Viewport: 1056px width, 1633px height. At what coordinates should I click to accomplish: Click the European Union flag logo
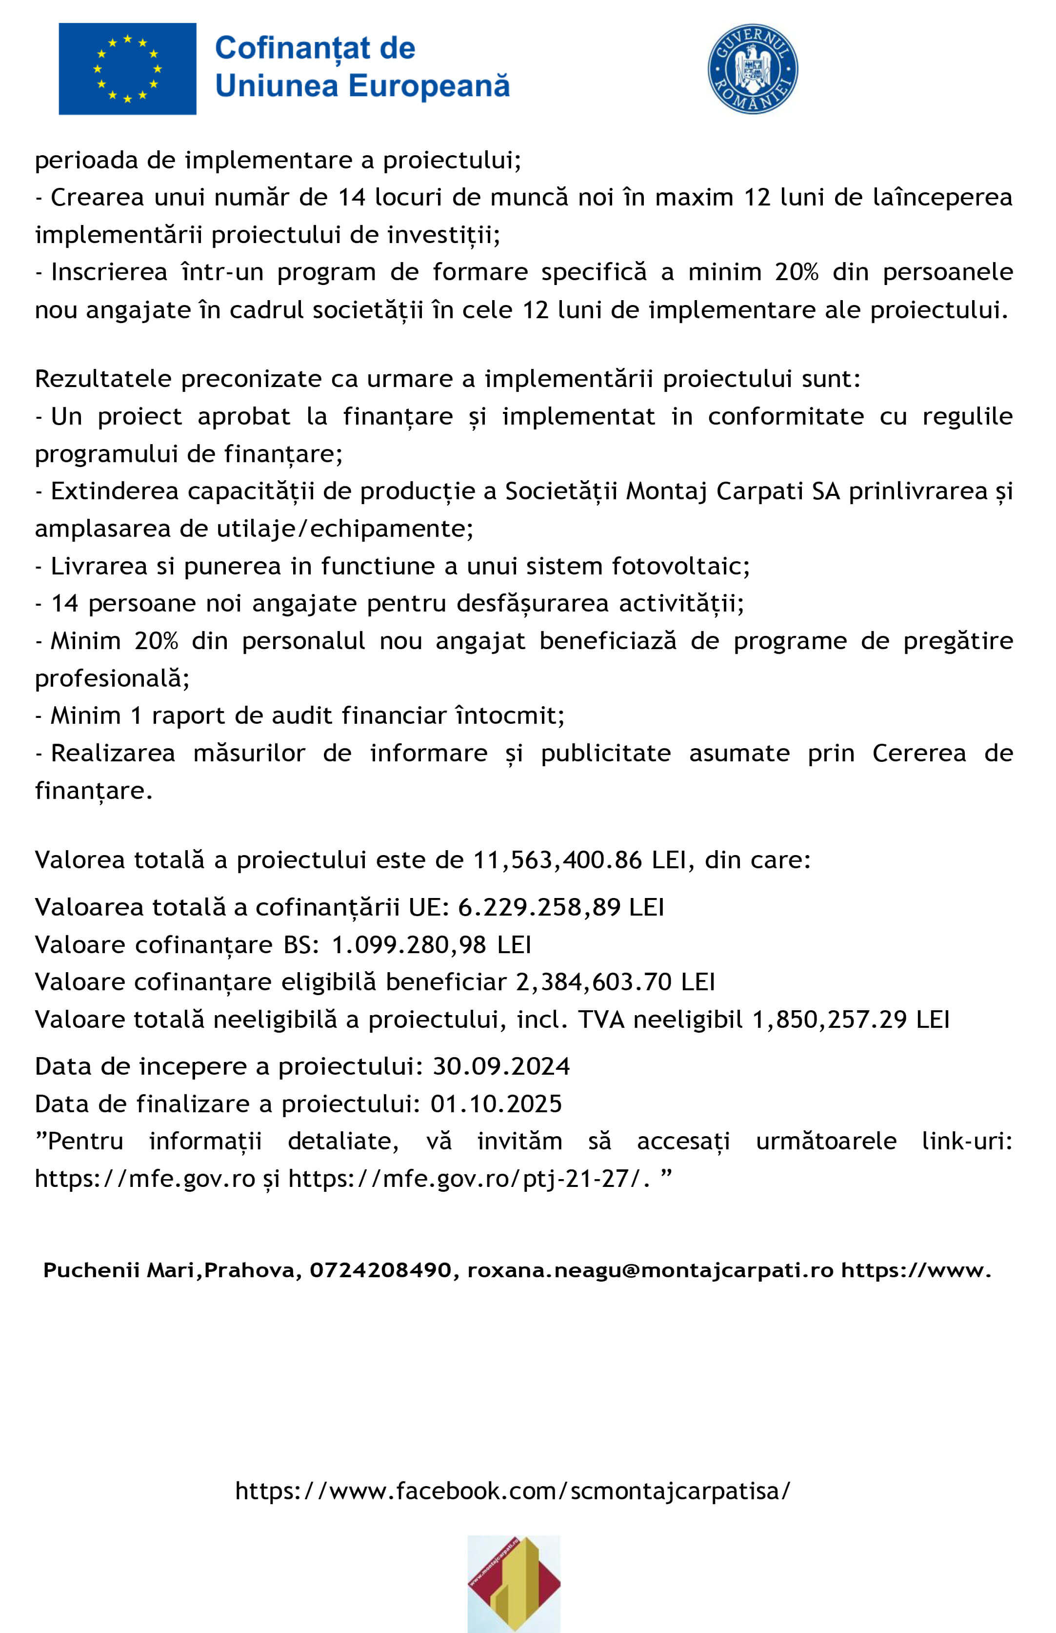tap(127, 69)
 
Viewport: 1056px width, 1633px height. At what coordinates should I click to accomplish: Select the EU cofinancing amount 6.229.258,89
tap(539, 907)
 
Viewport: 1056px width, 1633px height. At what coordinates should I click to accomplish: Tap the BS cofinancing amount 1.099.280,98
tap(409, 945)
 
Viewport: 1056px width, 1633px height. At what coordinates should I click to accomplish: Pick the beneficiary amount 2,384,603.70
tap(593, 982)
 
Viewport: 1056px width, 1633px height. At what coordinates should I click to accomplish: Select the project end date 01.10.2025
tap(496, 1104)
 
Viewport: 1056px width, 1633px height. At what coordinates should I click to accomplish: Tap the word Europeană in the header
tap(429, 86)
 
